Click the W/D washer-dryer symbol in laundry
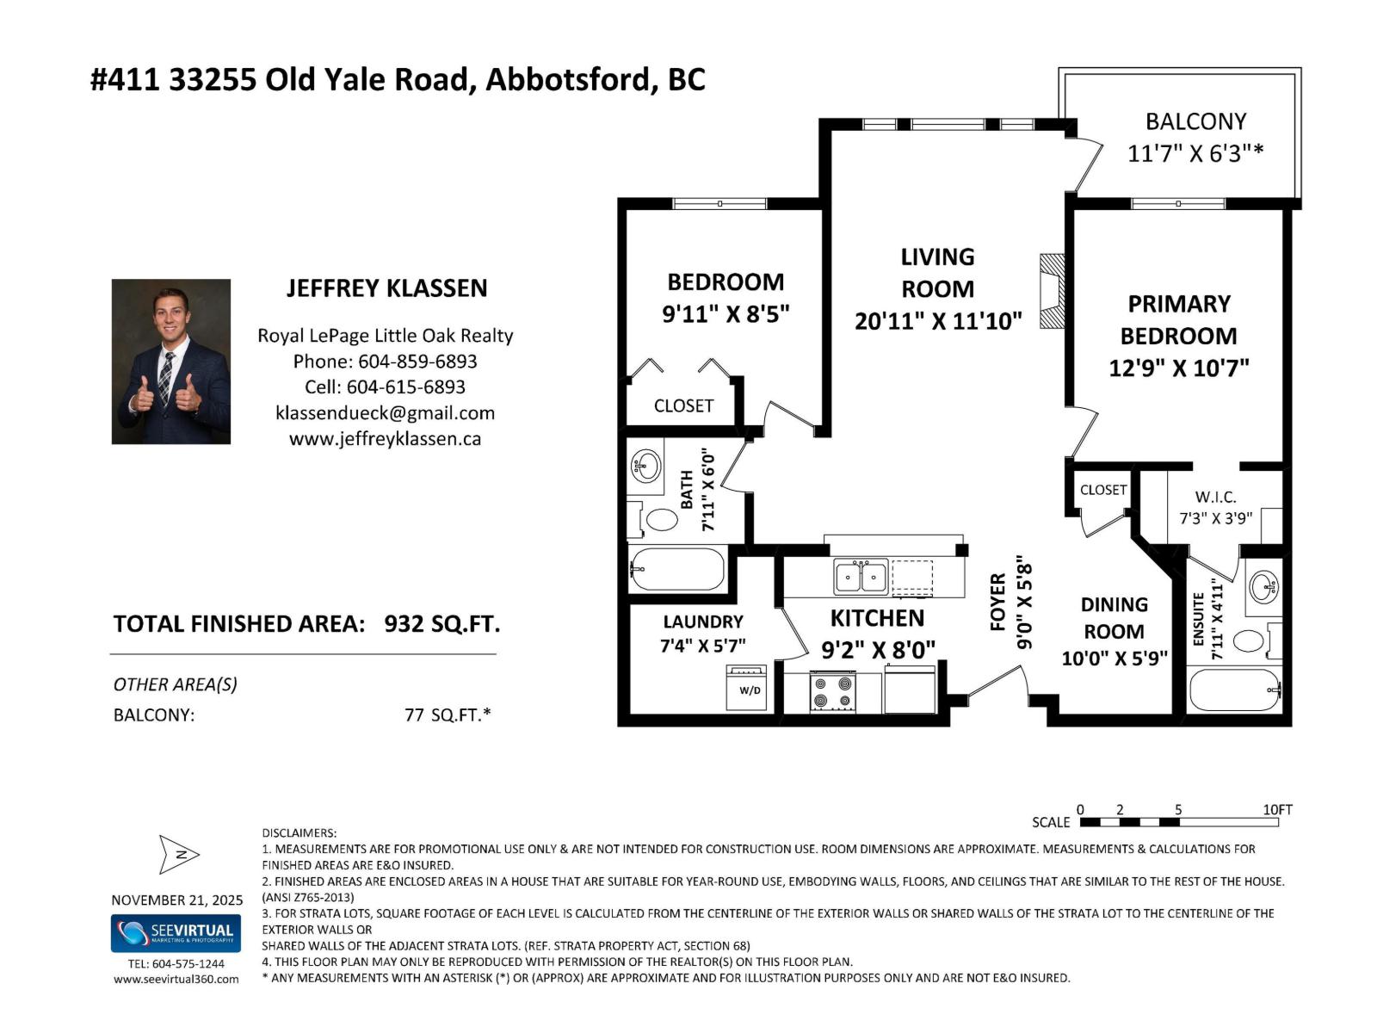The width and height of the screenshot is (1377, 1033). coord(745,688)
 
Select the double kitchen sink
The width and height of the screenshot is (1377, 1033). coord(861,576)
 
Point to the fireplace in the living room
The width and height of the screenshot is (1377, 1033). coord(1052,291)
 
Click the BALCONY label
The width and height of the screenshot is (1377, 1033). coord(1195,121)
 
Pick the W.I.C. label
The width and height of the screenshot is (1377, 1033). coord(1215,497)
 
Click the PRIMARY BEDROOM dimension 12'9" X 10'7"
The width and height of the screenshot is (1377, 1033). coord(1178,368)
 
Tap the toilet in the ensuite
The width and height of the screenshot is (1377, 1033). coord(1250,641)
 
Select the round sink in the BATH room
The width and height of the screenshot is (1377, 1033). coord(645,467)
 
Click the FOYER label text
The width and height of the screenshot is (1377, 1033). coord(997,602)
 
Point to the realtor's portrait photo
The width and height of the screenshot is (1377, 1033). coord(171,362)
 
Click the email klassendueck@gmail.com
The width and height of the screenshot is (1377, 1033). coord(385,413)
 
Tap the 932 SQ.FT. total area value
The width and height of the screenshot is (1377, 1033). coord(442,623)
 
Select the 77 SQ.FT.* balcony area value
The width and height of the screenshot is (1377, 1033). coord(448,714)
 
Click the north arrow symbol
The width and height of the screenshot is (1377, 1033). coord(179,854)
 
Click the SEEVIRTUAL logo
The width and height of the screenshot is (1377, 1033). coord(176,933)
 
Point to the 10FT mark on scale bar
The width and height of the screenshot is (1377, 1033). coord(1277,810)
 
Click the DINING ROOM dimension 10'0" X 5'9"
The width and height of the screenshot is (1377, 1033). coord(1114,659)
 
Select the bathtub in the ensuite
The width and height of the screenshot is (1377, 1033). coord(1236,690)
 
